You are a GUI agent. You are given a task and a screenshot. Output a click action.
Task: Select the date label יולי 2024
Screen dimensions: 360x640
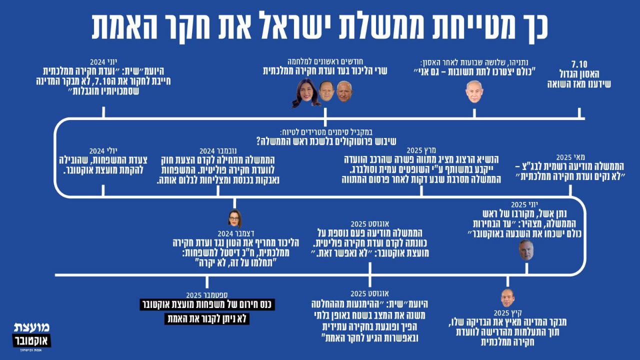103,150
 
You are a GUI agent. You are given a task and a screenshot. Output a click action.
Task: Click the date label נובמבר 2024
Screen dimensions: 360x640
213,150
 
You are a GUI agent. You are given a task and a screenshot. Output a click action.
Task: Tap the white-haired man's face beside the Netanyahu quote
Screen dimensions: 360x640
474,91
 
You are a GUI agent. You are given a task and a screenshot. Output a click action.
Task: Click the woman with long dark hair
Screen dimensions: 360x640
305,92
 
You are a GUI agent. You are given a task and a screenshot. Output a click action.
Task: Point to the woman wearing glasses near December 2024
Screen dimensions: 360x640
234,218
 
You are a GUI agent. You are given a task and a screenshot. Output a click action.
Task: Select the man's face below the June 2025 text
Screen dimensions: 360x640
525,249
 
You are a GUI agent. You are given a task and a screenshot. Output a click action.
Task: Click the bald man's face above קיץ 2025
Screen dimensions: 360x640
507,298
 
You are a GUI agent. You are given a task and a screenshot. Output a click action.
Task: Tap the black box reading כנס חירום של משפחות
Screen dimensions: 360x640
207,305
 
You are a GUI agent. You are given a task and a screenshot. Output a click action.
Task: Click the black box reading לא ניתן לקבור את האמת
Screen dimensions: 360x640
207,318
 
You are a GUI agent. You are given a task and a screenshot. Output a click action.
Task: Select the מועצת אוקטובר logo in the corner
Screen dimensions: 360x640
31,336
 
